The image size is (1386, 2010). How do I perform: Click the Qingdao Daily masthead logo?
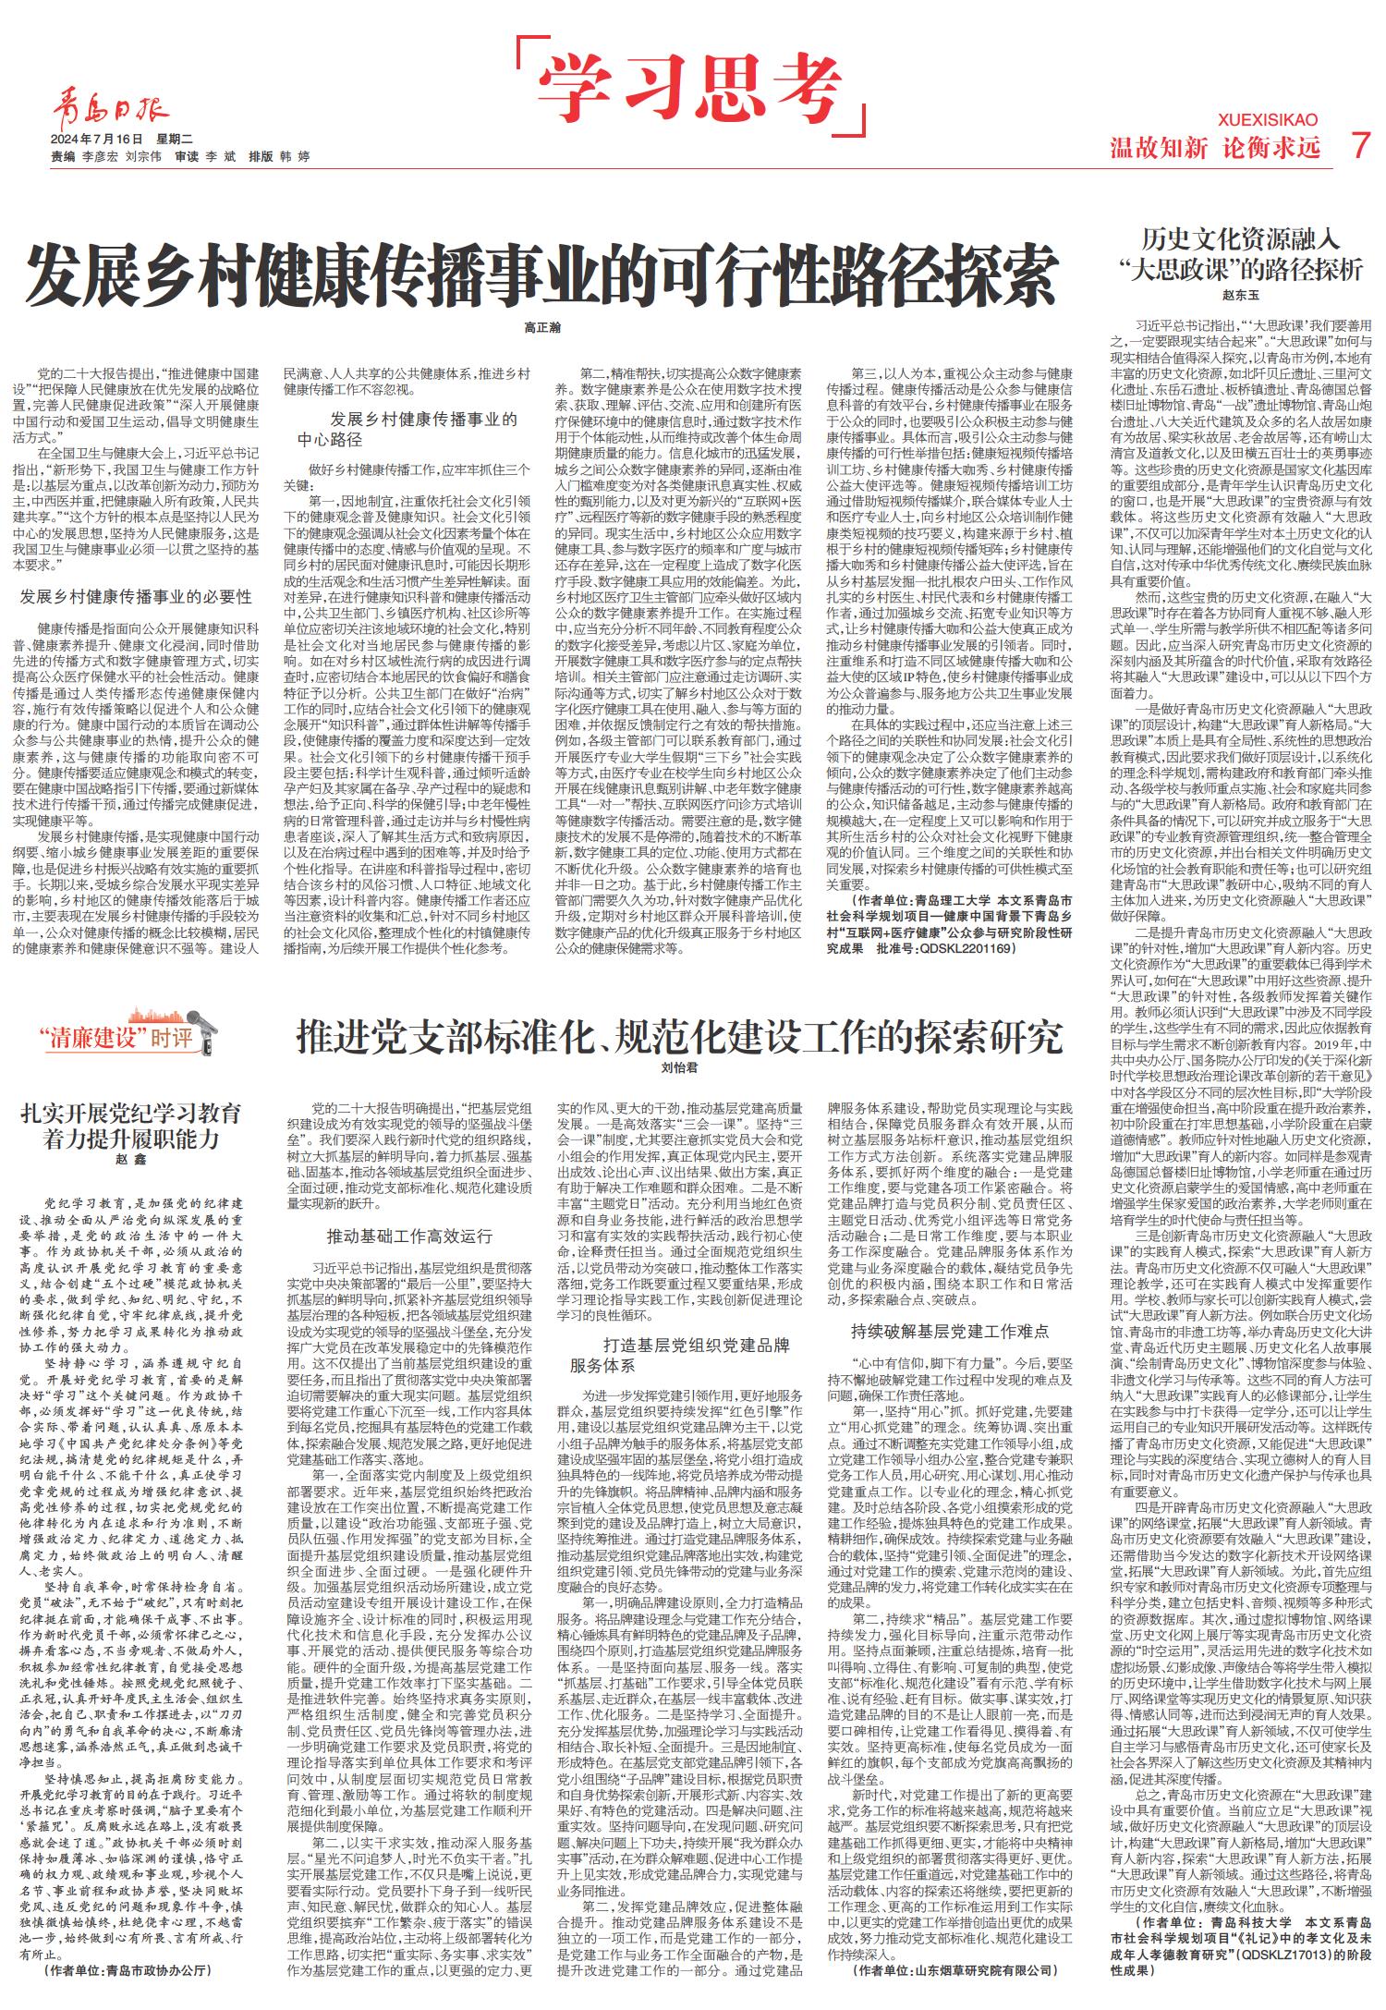tap(110, 112)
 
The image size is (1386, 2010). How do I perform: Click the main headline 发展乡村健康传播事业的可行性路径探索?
tap(541, 274)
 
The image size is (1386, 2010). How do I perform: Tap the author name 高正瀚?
tap(542, 328)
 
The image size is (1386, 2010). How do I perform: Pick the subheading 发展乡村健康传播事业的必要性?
tap(136, 597)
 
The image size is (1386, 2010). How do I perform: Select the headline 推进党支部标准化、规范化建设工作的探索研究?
tap(679, 1038)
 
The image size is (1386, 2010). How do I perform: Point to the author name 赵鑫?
tap(131, 1160)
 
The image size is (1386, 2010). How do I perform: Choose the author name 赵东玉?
tap(1241, 296)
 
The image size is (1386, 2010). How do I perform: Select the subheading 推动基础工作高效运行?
tap(409, 1236)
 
